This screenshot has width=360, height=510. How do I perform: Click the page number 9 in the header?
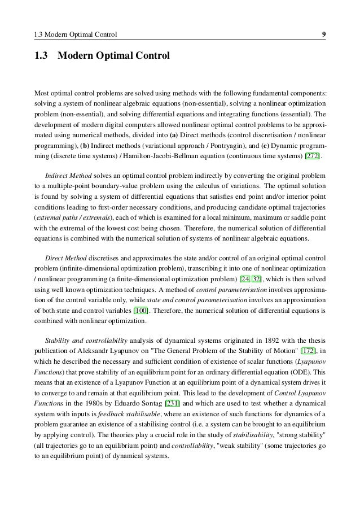pos(323,36)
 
